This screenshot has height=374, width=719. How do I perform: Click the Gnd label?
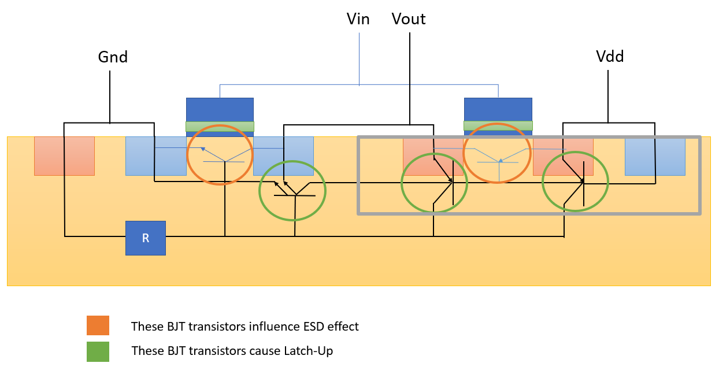point(113,57)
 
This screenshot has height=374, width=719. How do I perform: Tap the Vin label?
point(358,19)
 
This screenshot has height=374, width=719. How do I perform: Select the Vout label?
point(409,19)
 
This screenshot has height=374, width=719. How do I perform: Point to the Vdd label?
point(610,57)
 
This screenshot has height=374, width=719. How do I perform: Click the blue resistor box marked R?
point(146,238)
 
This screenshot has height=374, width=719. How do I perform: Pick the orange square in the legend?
point(98,326)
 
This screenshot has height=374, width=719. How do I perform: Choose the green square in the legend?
point(98,351)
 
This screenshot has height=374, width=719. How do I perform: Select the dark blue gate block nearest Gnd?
point(220,109)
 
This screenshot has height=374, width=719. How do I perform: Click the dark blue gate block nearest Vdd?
point(498,109)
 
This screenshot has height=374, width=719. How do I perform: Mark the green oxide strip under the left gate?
point(220,126)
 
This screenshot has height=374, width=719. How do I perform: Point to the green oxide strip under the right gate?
point(498,125)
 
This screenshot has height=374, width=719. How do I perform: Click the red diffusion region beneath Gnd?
point(64,155)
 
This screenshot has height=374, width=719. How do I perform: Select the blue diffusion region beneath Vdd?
point(655,156)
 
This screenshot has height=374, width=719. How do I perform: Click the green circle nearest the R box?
point(292,190)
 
